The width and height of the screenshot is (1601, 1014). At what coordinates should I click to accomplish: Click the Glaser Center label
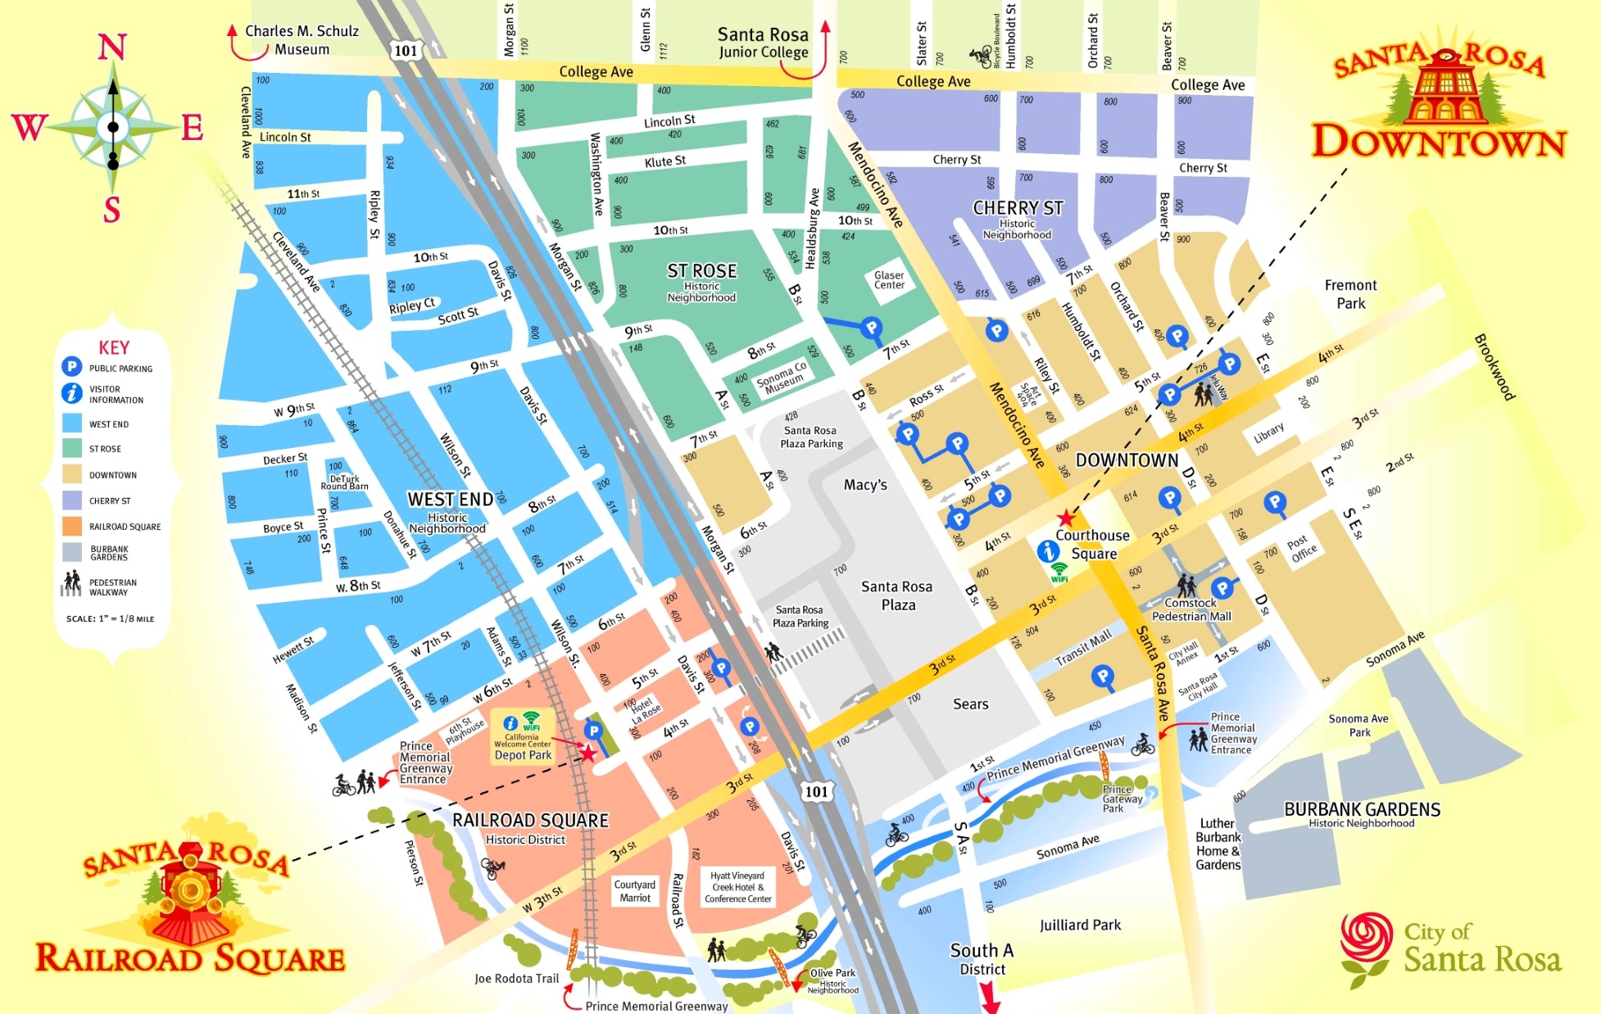pos(889,280)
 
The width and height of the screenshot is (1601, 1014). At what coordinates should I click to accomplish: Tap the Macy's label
pos(865,485)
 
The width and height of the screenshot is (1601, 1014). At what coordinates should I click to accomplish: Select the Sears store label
pos(970,704)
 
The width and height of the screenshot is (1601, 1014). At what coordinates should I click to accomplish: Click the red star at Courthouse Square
pos(1065,518)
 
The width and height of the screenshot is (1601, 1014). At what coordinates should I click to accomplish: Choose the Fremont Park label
pos(1350,294)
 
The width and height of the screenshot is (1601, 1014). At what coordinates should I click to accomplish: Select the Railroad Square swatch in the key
pos(72,527)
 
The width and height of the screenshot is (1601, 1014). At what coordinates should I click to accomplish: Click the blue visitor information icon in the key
pos(72,393)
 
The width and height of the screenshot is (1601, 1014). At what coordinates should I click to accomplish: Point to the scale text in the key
pos(110,619)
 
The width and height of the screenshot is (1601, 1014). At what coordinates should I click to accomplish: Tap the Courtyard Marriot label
pos(635,891)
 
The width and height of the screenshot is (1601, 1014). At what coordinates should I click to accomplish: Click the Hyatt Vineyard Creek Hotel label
pos(737,887)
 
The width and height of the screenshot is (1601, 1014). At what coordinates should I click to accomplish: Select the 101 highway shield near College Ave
pos(406,51)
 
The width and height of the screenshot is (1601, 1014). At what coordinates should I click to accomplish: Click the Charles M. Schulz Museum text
pos(302,40)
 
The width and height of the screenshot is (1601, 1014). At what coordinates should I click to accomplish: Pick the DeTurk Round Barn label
pos(344,482)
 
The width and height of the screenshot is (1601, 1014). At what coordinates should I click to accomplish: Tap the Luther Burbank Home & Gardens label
pos(1218,844)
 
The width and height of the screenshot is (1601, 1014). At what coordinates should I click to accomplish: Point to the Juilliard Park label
pos(1080,925)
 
